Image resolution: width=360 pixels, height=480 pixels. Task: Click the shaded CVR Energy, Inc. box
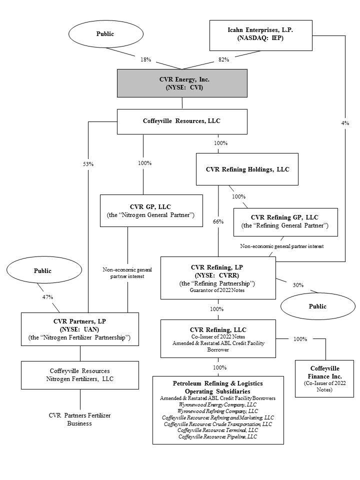(x=182, y=82)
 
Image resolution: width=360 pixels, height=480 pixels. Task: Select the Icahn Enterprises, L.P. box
(x=260, y=35)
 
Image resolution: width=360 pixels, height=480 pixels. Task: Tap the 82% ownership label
(x=223, y=59)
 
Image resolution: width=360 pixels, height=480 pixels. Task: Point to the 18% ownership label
(x=145, y=59)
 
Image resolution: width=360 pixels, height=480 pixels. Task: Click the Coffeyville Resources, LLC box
(x=182, y=121)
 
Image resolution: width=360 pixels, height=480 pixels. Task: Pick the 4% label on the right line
(x=345, y=123)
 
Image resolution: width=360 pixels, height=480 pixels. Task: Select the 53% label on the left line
(x=88, y=163)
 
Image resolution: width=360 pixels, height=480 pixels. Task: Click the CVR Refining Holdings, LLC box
(x=247, y=169)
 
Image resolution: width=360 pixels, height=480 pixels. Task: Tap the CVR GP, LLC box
(x=151, y=210)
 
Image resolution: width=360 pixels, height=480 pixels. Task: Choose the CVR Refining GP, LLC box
(x=285, y=221)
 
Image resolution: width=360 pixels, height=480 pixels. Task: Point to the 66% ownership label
(x=218, y=221)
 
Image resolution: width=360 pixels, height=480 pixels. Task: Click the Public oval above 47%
(x=42, y=270)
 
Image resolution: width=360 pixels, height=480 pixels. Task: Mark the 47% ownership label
(x=47, y=296)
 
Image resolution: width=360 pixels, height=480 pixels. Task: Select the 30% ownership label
(x=298, y=284)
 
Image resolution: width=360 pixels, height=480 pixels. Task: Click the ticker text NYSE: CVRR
(x=217, y=275)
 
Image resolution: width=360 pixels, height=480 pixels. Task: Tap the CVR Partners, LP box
(x=80, y=329)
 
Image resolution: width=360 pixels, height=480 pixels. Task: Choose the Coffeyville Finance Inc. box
(x=324, y=378)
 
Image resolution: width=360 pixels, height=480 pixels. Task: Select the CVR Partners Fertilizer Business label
(x=80, y=419)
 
